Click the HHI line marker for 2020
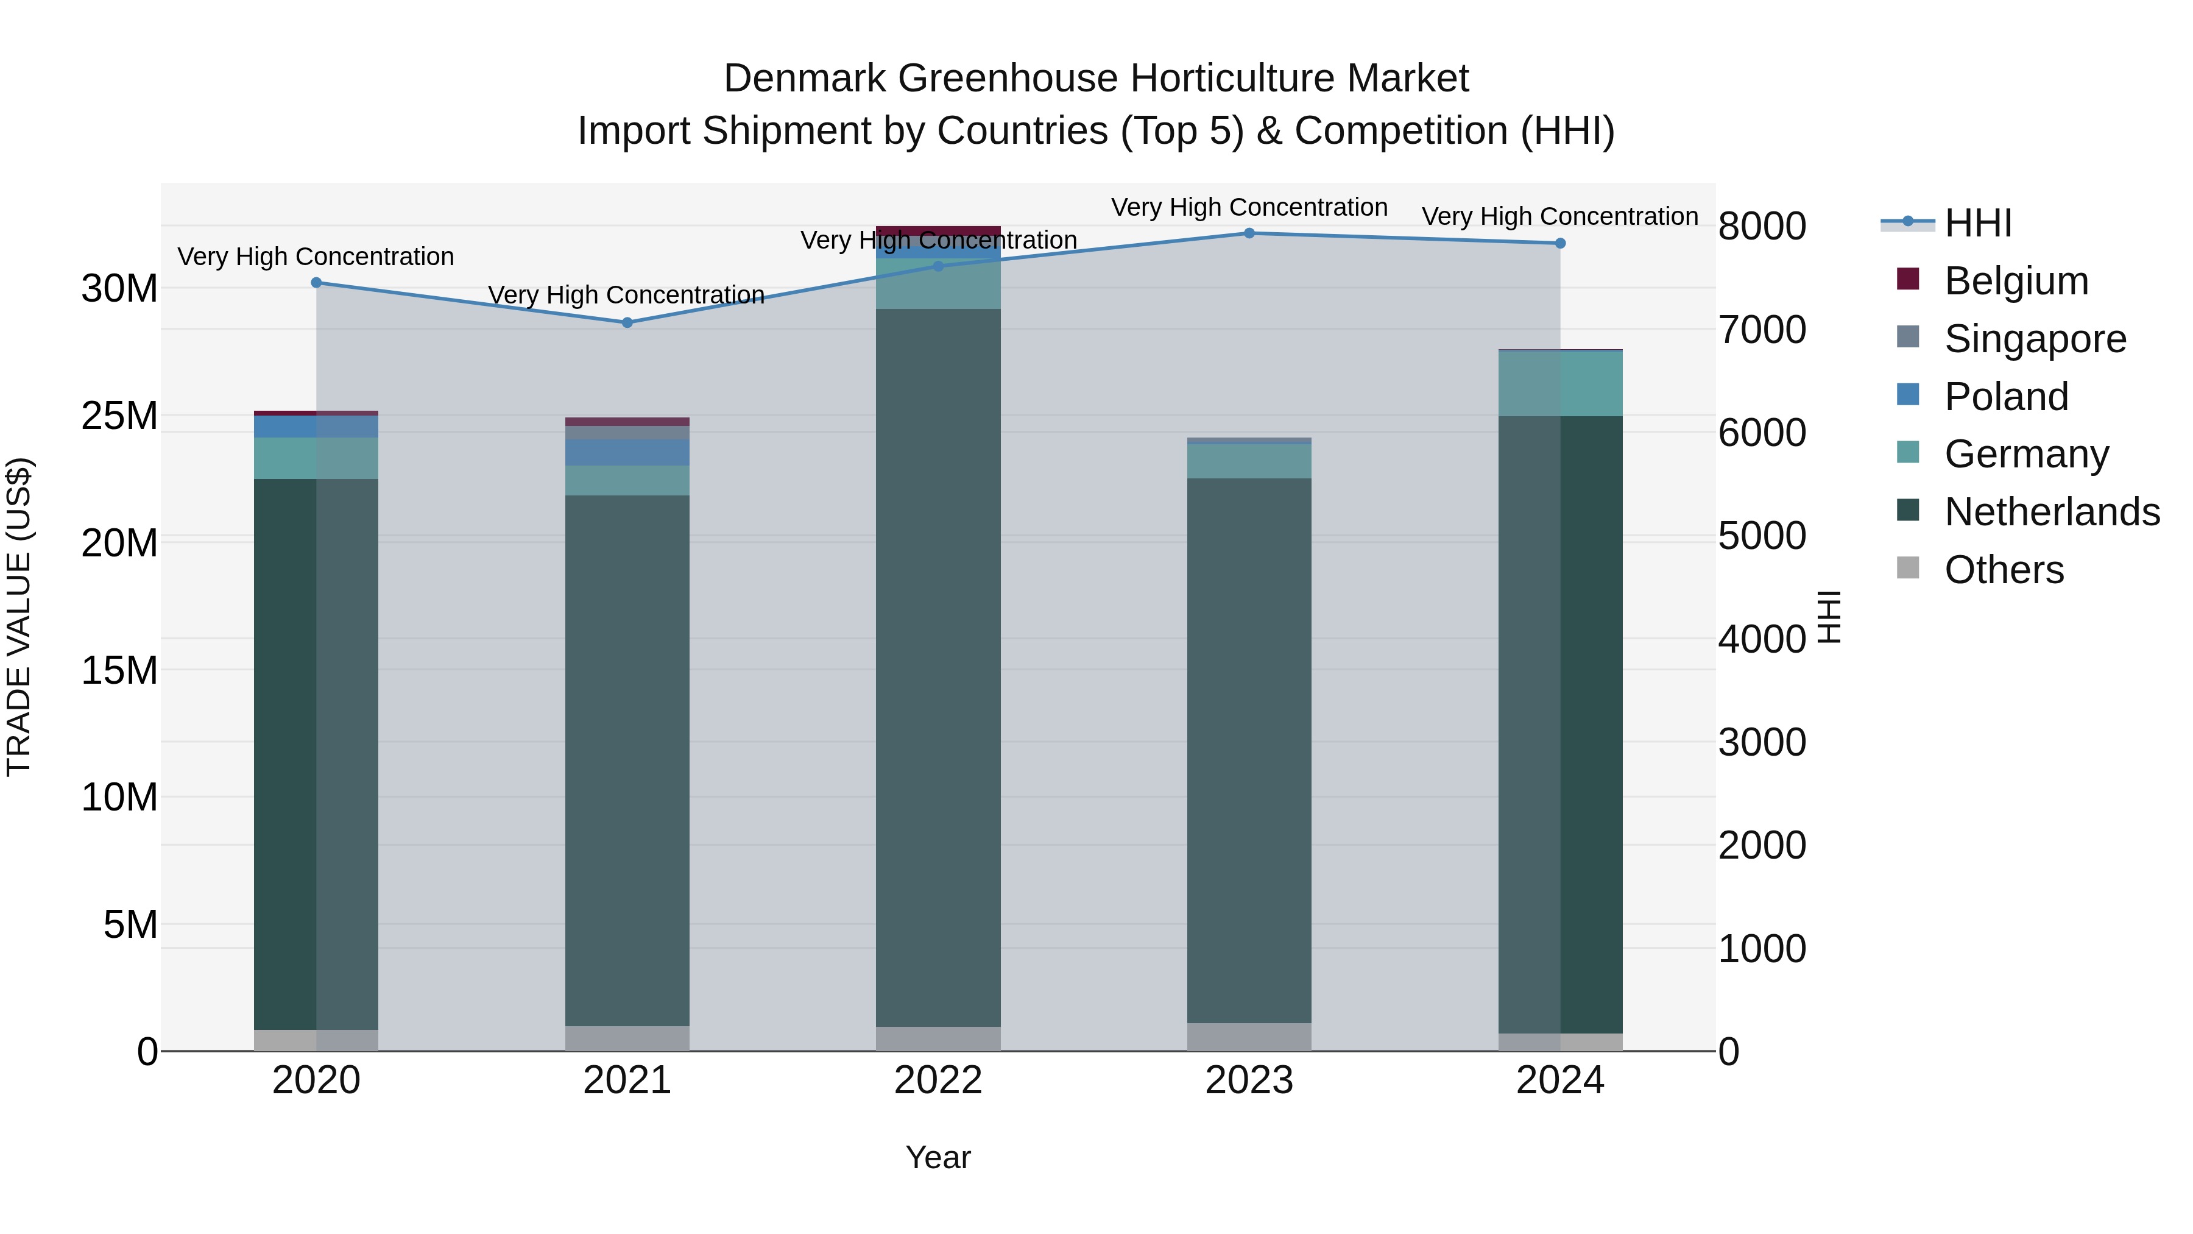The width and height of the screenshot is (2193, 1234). pos(316,283)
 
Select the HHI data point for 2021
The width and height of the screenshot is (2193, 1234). pos(627,323)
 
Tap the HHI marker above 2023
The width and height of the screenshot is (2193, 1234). pos(1249,233)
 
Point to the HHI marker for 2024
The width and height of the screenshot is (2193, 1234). pos(1559,244)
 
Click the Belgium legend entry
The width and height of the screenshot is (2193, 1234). pos(2016,281)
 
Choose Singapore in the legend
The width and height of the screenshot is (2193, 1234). pos(2035,339)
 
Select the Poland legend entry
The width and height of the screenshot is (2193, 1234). pos(2006,397)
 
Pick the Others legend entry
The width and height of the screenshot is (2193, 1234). pos(2004,570)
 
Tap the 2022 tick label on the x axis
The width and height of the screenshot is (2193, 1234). pos(938,1080)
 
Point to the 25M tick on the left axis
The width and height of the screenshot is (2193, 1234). pos(119,416)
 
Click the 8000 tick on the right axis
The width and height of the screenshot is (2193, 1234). pos(1761,227)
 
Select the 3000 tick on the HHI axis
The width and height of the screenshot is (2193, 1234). pos(1761,743)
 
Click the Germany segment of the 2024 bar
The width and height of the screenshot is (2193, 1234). pos(1559,384)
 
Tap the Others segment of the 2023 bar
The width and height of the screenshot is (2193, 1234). pos(1249,1037)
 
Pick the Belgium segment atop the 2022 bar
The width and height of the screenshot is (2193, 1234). pos(938,231)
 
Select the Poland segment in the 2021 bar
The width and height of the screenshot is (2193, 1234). pos(627,452)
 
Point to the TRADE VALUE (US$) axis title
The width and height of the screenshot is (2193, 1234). pos(19,617)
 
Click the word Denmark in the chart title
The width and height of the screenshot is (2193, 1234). pos(805,79)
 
